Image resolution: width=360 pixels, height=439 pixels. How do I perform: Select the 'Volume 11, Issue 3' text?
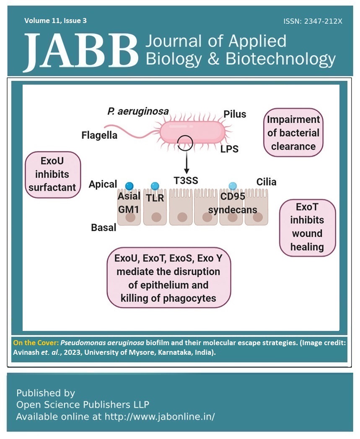click(x=55, y=20)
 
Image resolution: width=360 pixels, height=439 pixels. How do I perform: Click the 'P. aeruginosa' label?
click(x=138, y=111)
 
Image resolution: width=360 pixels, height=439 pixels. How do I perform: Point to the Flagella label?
click(x=99, y=135)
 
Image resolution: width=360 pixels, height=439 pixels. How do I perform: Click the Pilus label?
click(x=235, y=114)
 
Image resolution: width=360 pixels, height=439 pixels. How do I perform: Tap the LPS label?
click(x=229, y=149)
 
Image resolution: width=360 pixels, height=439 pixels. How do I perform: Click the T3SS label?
click(x=186, y=180)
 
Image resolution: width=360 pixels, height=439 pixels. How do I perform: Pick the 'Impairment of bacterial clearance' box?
click(x=293, y=133)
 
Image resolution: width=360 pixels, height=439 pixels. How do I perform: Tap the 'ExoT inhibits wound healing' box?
click(x=307, y=227)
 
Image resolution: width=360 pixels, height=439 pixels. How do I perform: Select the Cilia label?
click(x=267, y=182)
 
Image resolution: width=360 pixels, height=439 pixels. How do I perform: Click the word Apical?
click(x=102, y=184)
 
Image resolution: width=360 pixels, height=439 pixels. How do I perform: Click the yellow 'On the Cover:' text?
click(x=35, y=343)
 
